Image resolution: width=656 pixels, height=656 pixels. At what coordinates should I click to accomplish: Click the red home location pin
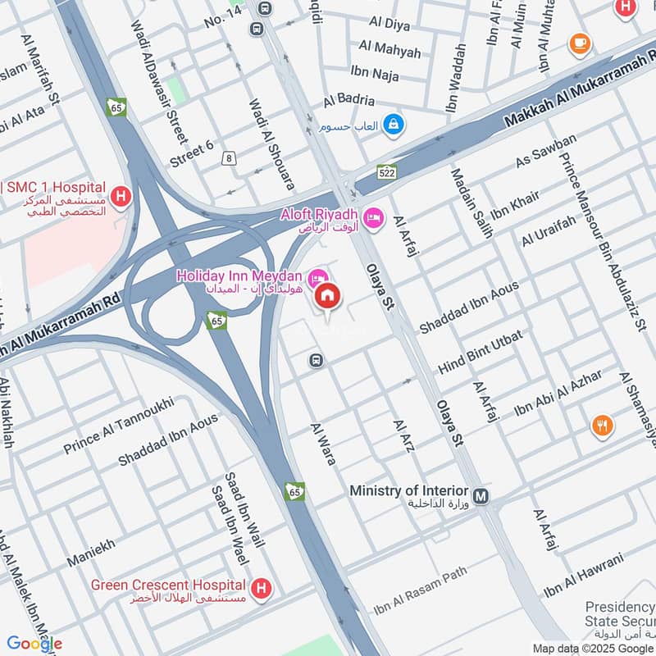coord(328,297)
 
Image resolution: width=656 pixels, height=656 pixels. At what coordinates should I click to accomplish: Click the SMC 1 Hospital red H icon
coord(121,197)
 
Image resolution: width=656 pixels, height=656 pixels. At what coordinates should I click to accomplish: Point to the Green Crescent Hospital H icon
coord(262,588)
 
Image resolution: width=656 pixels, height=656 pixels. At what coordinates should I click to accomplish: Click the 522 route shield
coord(387,172)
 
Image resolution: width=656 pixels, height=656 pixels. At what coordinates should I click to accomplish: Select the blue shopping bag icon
coord(394,124)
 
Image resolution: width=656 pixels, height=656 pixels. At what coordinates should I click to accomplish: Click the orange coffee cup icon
coord(580,42)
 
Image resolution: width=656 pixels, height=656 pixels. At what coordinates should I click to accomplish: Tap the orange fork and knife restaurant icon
coord(602,425)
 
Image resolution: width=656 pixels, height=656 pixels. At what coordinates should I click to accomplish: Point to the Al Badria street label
coord(348,100)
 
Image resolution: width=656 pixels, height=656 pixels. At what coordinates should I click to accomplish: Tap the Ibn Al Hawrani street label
coord(584,575)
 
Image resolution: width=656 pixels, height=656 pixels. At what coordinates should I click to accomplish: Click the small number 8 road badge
coord(228,157)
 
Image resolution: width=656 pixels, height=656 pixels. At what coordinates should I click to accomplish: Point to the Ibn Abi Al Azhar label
coord(558,392)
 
